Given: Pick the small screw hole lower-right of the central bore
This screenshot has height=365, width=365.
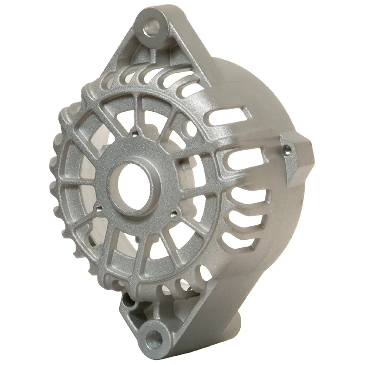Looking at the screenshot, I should click(x=174, y=214).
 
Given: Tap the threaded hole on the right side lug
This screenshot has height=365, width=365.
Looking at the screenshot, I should click(x=288, y=149).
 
